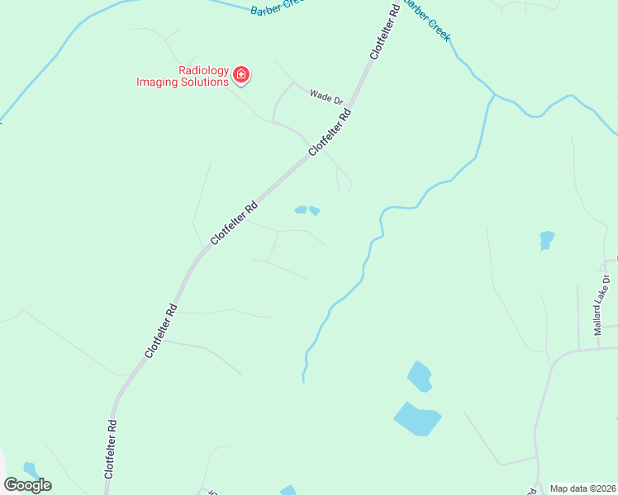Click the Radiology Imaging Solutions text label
(x=183, y=77)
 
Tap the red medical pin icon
(x=241, y=76)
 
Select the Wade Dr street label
(x=326, y=97)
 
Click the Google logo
(x=27, y=484)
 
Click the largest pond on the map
(x=417, y=418)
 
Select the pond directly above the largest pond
(x=420, y=376)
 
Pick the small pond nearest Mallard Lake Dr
(x=546, y=240)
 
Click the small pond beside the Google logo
(x=31, y=469)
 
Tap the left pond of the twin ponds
(x=301, y=210)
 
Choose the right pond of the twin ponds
(x=315, y=211)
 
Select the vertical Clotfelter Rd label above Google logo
(x=110, y=449)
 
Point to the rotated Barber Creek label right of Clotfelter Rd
(x=427, y=21)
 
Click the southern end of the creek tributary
(x=303, y=379)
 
